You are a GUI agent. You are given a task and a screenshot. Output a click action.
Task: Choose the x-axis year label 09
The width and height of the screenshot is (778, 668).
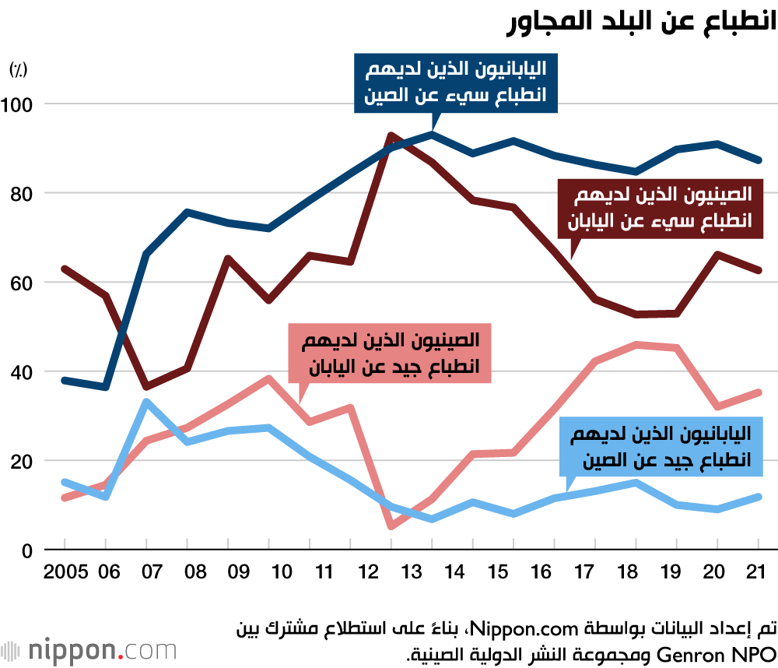(x=237, y=573)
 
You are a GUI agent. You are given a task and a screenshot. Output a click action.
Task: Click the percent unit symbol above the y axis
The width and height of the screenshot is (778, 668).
(x=18, y=69)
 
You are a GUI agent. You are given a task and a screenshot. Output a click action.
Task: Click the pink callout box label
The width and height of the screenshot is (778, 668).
(x=390, y=353)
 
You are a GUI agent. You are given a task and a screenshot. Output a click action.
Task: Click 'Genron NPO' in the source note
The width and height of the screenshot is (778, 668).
(x=732, y=651)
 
